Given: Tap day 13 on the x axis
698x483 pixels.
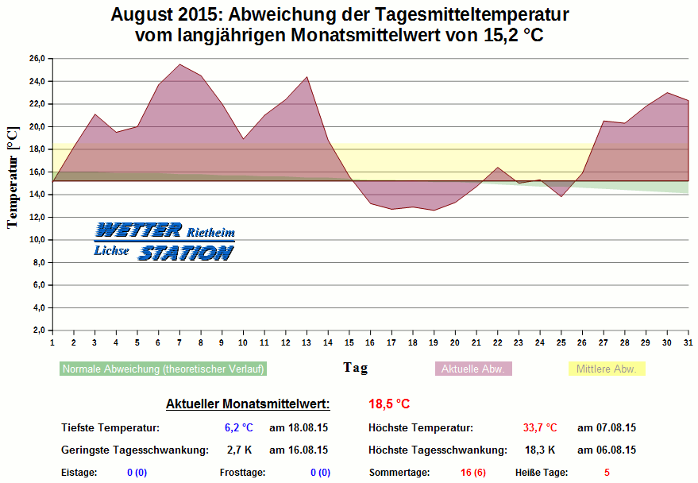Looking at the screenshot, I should click(306, 342).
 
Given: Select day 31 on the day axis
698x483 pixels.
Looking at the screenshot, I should click(688, 342).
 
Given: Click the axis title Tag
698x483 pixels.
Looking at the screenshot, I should click(355, 368).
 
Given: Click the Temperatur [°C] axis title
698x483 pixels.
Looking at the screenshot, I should click(13, 176).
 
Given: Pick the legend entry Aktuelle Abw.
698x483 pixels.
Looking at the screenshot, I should click(473, 369).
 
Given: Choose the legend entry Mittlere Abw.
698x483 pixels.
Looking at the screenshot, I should click(607, 369).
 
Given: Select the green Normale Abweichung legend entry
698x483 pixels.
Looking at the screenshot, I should click(163, 369).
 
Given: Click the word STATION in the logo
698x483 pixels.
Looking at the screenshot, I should click(186, 253).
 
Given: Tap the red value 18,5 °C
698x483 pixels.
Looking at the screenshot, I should click(389, 404).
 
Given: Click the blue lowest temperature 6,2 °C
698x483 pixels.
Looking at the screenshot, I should click(238, 427).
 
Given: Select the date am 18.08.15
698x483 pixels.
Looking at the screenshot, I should click(299, 427).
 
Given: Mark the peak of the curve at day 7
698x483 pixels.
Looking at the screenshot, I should click(179, 64).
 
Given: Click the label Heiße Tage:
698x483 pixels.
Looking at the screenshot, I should click(542, 472).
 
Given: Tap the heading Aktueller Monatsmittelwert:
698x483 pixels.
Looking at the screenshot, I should click(247, 404).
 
